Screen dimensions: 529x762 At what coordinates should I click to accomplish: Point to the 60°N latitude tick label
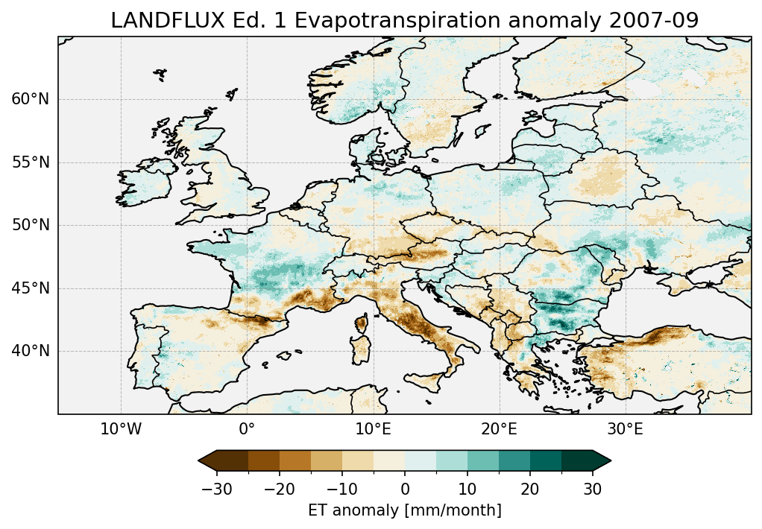(30, 100)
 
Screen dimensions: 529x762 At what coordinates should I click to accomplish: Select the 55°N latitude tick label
(30, 162)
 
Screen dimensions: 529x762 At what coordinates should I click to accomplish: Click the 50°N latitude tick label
(30, 225)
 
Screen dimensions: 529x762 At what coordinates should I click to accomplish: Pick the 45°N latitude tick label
(30, 288)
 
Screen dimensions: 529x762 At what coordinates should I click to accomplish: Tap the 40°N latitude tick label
(30, 351)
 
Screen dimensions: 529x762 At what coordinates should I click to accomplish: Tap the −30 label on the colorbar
(216, 489)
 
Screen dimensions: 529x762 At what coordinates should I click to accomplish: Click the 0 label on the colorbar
(405, 489)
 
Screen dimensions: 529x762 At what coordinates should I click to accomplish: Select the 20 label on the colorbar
(530, 489)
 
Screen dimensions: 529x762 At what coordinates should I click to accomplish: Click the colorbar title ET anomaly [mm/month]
(405, 510)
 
